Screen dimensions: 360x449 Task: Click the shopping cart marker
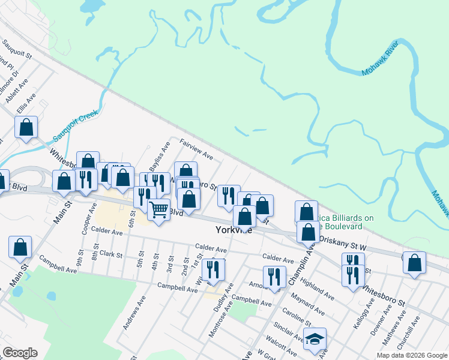158,210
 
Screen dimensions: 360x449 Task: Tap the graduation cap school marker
315,340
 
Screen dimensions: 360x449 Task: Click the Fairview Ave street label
197,150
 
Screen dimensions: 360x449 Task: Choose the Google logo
20,353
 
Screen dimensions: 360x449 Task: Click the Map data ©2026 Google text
411,355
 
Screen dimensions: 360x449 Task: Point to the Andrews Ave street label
134,316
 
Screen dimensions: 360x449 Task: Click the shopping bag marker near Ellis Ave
26,128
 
